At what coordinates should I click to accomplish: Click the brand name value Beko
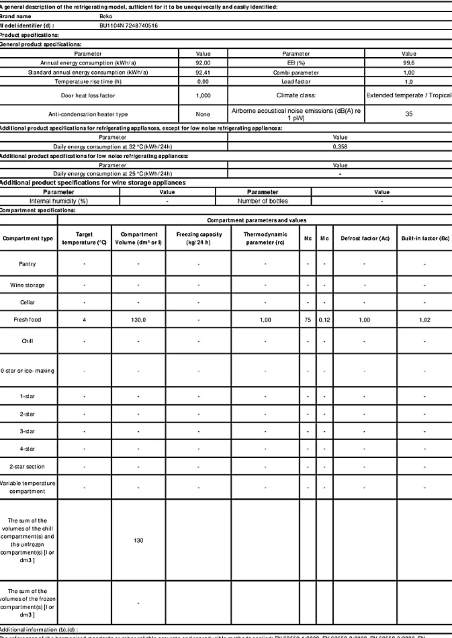pos(106,16)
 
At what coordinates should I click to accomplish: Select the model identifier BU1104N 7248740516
pos(129,26)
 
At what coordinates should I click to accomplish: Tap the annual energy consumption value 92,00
pos(203,63)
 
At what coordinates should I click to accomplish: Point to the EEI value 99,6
pos(409,63)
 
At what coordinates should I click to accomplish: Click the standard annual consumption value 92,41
pos(203,73)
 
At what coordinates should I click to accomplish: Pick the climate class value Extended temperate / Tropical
pos(409,95)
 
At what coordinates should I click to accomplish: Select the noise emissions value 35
pos(409,114)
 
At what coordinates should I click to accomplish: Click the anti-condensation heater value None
pos(203,114)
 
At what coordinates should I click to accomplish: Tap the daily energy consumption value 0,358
pos(340,147)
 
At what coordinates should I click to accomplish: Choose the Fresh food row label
pos(27,320)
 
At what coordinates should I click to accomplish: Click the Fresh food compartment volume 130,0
pos(138,320)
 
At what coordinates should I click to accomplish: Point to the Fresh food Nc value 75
pos(308,320)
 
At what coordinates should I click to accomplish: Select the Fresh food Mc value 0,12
pos(324,320)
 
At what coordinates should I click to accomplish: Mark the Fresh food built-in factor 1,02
pos(425,320)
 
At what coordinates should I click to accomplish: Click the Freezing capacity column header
pos(199,238)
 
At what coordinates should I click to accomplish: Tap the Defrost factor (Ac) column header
pos(365,238)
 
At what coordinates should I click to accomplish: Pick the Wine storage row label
pos(27,285)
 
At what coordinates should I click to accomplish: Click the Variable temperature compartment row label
pos(27,487)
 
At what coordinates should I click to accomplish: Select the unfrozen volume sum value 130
pos(138,541)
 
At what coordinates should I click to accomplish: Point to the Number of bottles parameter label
pos(262,201)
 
